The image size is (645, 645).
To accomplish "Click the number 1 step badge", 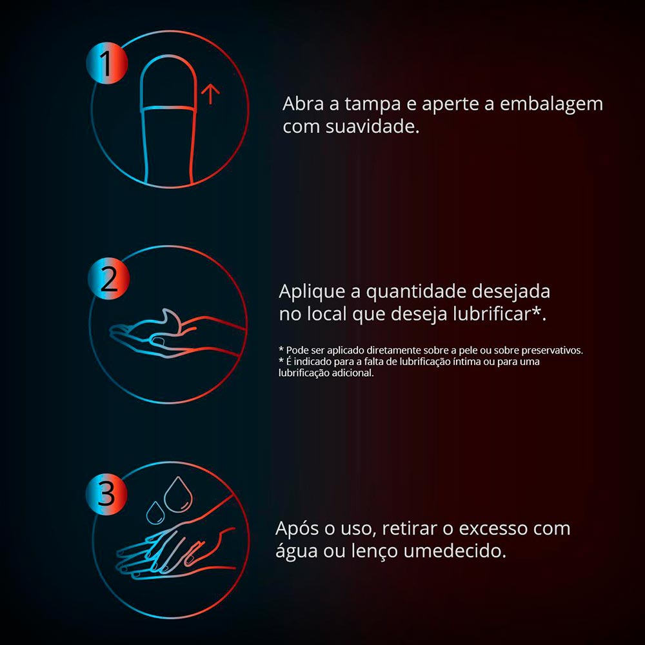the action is tap(107, 63).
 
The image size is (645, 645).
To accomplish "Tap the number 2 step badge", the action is tap(108, 279).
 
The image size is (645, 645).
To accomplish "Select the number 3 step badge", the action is tap(106, 493).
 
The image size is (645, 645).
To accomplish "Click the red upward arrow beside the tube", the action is tap(210, 94).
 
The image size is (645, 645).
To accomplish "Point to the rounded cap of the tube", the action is tap(167, 83).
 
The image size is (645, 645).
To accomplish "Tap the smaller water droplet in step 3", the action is tap(155, 513).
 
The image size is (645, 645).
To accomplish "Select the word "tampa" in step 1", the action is tap(373, 104).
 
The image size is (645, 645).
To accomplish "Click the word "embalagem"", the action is tap(551, 104).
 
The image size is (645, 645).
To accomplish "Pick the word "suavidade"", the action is tap(372, 126).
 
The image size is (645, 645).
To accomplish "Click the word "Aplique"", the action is tap(312, 292).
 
